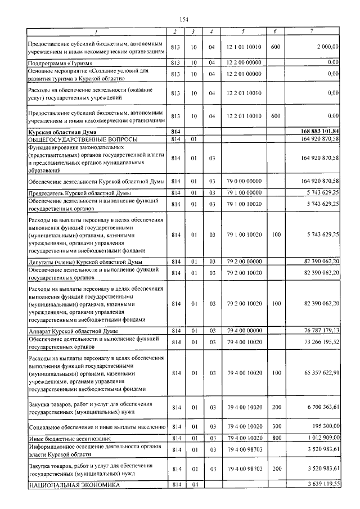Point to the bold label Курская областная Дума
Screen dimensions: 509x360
[61, 132]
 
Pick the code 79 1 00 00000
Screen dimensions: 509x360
[244, 193]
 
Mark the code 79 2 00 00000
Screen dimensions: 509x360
[244, 262]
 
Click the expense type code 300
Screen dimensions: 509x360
[275, 427]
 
